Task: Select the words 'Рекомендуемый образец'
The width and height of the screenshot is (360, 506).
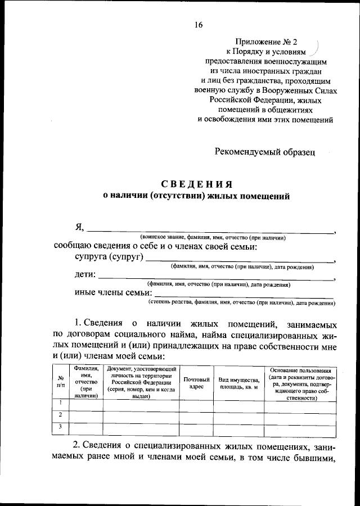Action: (x=265, y=151)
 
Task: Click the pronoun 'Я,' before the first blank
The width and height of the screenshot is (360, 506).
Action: (x=80, y=227)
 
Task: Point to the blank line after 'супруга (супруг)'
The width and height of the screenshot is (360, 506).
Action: (x=240, y=260)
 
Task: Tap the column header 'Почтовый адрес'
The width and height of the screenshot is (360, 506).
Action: (x=196, y=383)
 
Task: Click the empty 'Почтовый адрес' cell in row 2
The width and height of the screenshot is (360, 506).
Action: (x=196, y=415)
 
